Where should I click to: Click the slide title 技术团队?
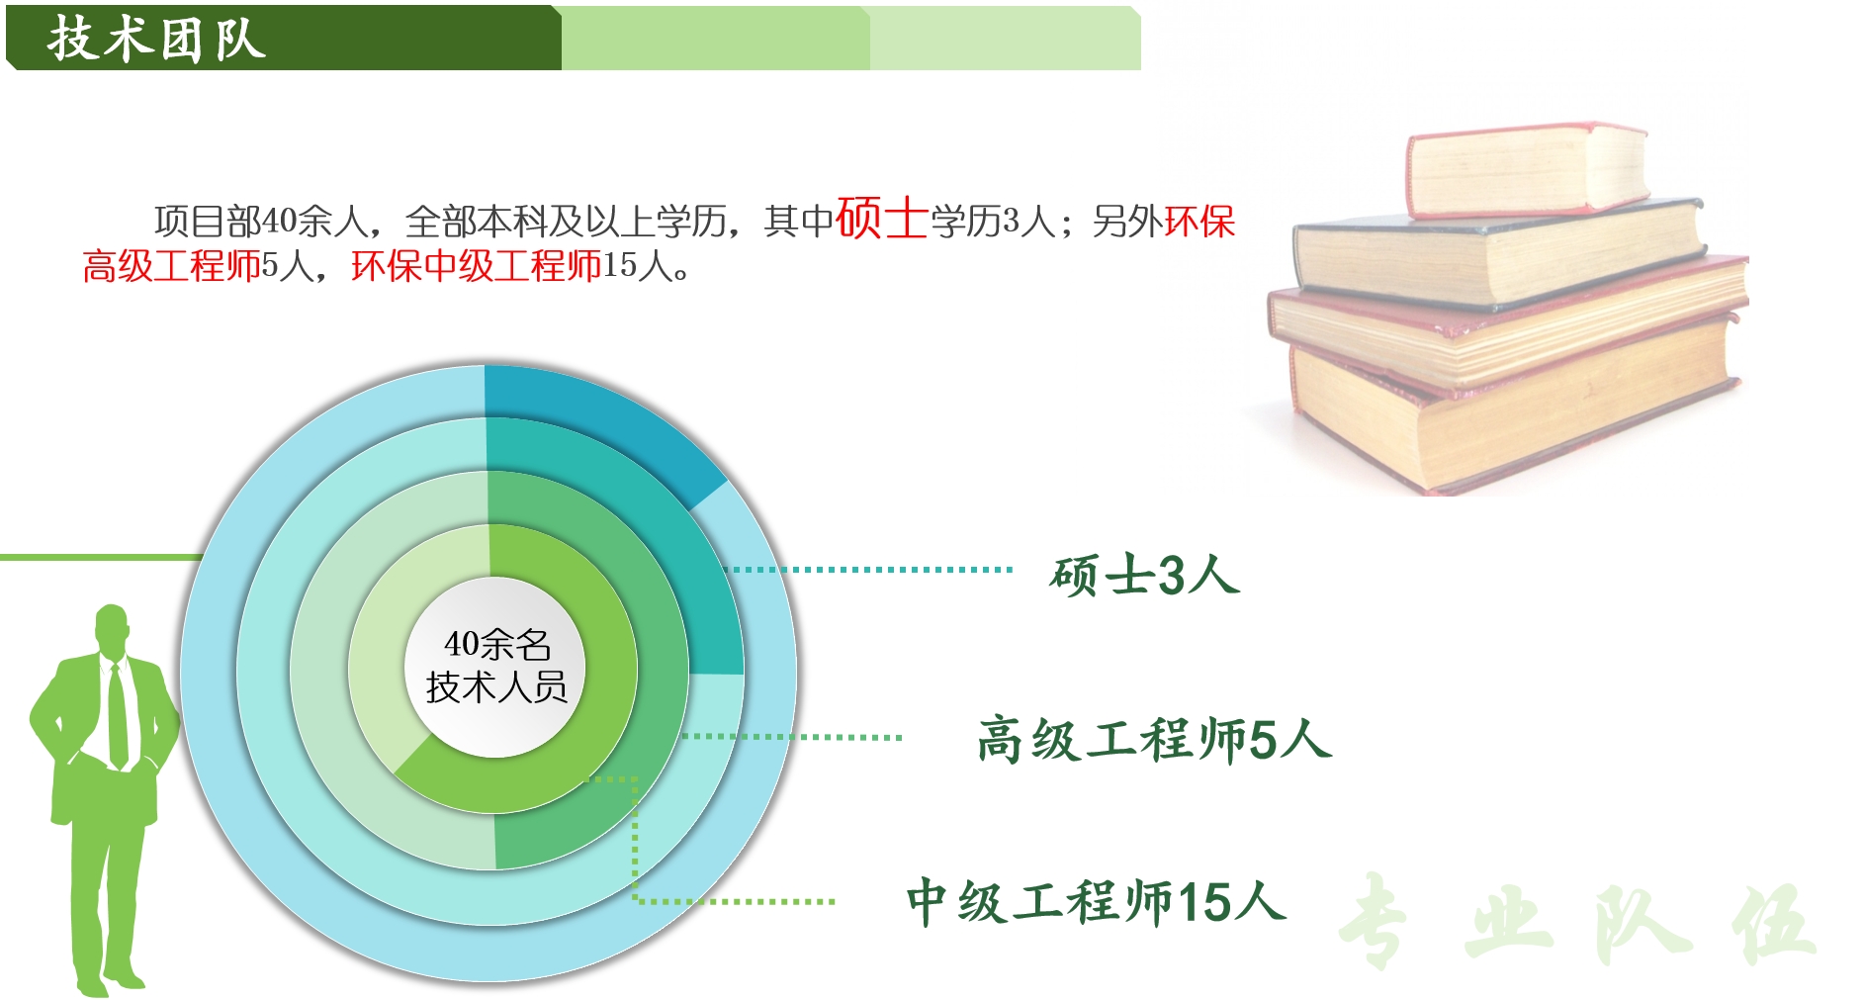point(156,40)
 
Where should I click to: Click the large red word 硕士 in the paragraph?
point(881,218)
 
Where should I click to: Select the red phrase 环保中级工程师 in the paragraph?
point(477,266)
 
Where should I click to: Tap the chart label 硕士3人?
point(1144,575)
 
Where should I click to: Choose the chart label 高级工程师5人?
point(1154,739)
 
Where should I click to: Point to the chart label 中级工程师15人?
point(1096,902)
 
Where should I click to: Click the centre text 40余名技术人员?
point(496,666)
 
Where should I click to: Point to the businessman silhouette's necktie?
point(118,714)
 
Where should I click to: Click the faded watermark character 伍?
point(1773,921)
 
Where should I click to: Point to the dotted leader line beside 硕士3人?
point(868,570)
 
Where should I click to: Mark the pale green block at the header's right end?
point(1005,39)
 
